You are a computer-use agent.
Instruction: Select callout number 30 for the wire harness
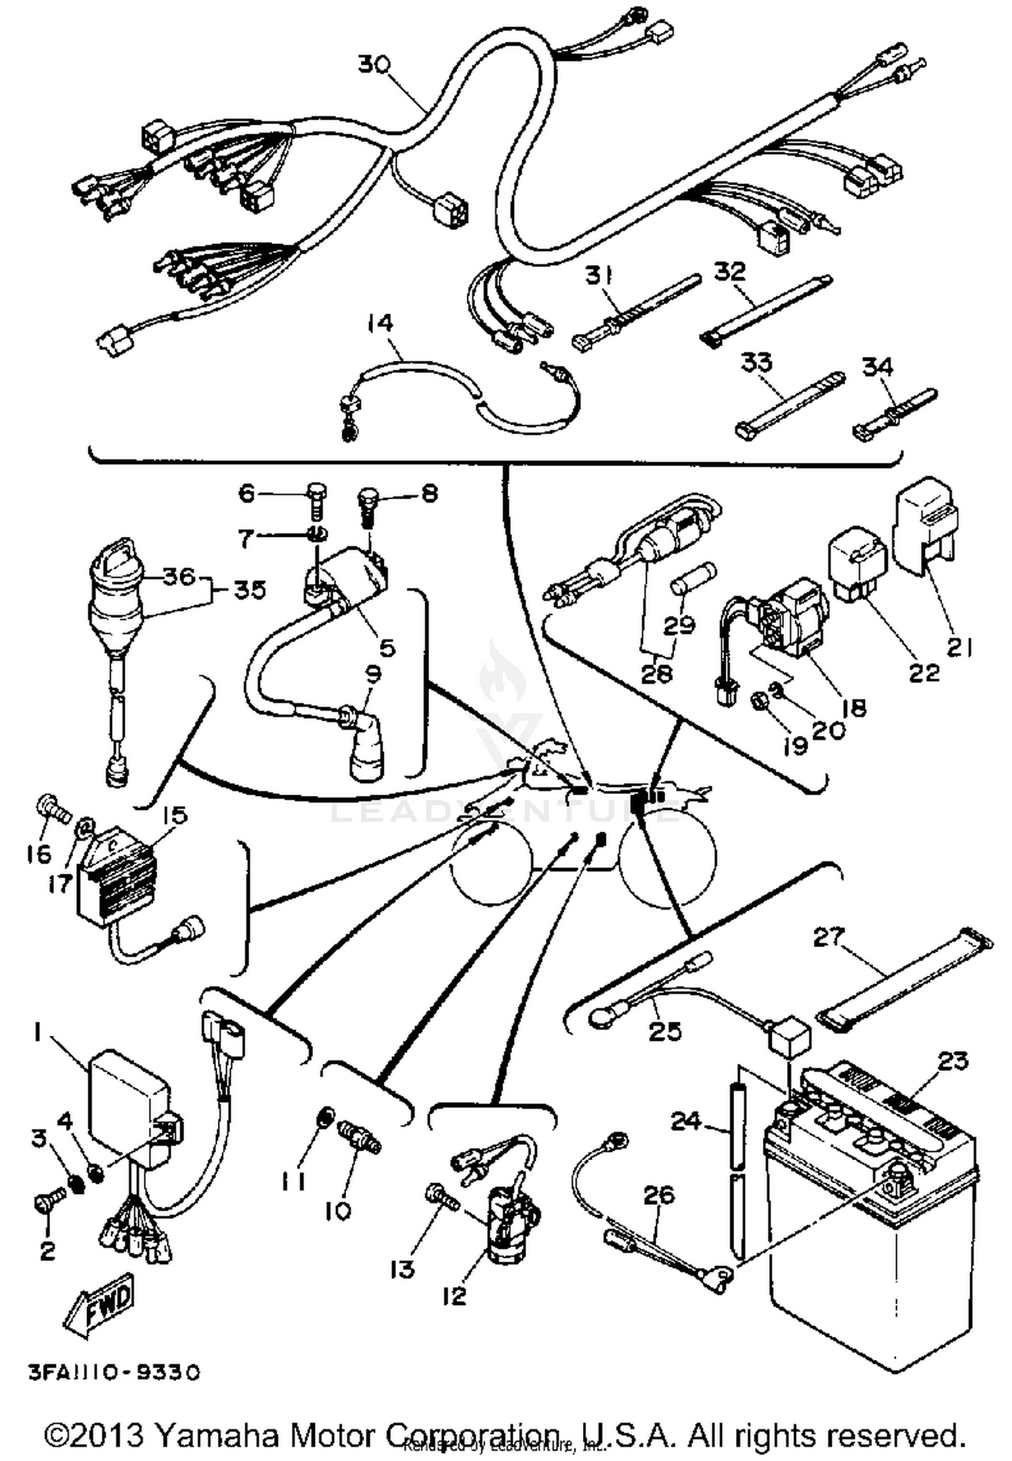click(x=373, y=66)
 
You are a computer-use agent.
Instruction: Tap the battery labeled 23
click(x=870, y=1228)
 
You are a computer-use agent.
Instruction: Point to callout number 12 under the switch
click(x=455, y=1296)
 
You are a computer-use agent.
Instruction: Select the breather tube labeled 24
click(x=739, y=1174)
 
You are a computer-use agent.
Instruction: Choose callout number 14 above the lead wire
click(x=380, y=324)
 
